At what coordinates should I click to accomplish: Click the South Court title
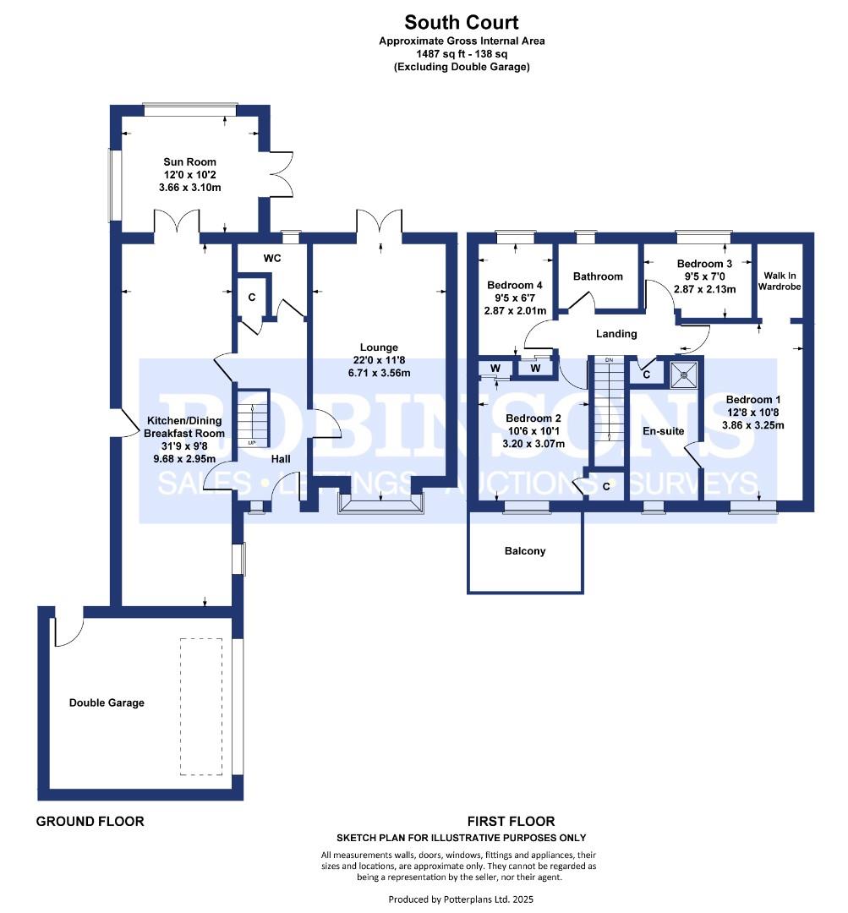click(462, 22)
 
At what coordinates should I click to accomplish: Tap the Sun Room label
click(189, 161)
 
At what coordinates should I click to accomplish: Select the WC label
click(272, 258)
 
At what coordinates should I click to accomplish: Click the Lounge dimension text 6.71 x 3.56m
click(379, 373)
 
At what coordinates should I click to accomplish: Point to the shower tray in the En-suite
click(683, 374)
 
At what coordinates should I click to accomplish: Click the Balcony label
click(525, 551)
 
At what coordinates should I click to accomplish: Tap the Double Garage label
click(107, 703)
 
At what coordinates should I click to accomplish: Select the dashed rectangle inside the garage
click(201, 707)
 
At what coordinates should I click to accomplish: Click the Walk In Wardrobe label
click(780, 282)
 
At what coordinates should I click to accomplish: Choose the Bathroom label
click(598, 276)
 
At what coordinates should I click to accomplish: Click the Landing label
click(616, 334)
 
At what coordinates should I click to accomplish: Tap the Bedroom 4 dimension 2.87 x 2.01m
click(515, 311)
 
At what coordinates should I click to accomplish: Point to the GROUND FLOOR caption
click(90, 822)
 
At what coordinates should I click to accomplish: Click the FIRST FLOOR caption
click(511, 822)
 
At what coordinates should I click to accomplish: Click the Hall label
click(281, 459)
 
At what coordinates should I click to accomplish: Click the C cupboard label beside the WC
click(252, 298)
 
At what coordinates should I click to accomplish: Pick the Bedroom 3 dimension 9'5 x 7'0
click(705, 276)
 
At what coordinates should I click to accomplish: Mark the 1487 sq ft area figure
click(437, 53)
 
